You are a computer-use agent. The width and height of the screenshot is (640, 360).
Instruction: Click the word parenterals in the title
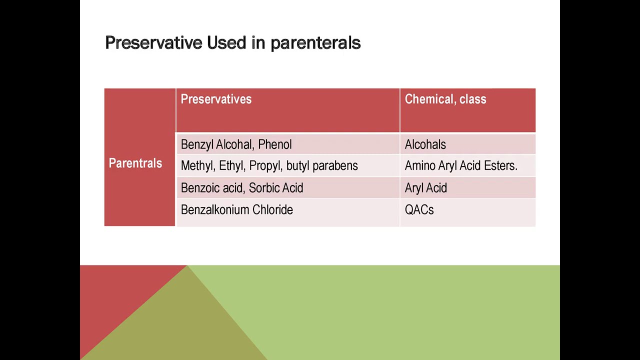point(315,43)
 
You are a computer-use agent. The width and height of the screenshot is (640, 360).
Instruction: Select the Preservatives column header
point(216,99)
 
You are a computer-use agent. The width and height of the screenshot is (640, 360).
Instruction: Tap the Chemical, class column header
point(445,99)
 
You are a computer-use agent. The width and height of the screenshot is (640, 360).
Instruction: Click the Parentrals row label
point(135,163)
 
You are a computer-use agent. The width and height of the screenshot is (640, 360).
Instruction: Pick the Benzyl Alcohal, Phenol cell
point(236,144)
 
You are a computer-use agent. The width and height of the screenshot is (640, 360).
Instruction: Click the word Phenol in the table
point(274,144)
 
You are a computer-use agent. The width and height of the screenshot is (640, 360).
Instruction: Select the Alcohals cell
point(425,144)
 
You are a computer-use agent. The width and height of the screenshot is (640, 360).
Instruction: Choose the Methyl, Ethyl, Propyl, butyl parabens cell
point(269,166)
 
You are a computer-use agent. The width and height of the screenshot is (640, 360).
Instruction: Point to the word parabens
point(335,166)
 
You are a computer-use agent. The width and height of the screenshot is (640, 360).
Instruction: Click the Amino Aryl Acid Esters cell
point(460,166)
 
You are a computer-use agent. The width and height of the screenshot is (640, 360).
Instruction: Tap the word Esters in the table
point(500,166)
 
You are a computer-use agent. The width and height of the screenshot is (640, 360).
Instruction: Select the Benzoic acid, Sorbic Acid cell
point(241,188)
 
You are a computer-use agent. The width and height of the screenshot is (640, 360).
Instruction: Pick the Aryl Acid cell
point(425,188)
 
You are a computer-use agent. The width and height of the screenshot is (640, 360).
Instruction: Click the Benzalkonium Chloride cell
point(236,210)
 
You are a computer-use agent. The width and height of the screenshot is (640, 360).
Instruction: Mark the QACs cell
point(419,210)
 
